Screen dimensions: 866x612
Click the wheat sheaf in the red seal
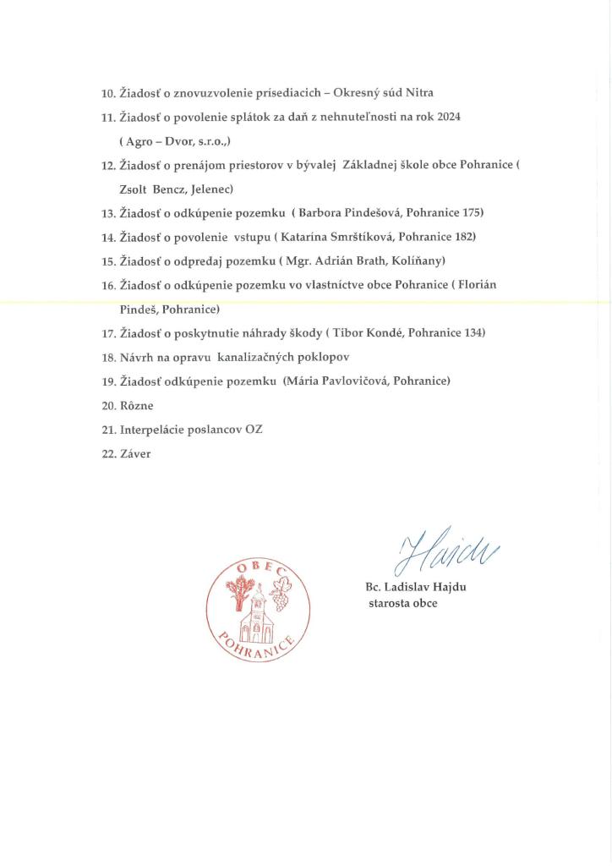[x=237, y=594]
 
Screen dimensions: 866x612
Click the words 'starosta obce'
[x=402, y=604]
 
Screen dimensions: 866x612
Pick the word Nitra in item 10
[x=420, y=92]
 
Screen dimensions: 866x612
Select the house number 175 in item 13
[x=473, y=212]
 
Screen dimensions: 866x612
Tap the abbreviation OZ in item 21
[x=254, y=430]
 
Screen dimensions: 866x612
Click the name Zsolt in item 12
[x=134, y=189]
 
